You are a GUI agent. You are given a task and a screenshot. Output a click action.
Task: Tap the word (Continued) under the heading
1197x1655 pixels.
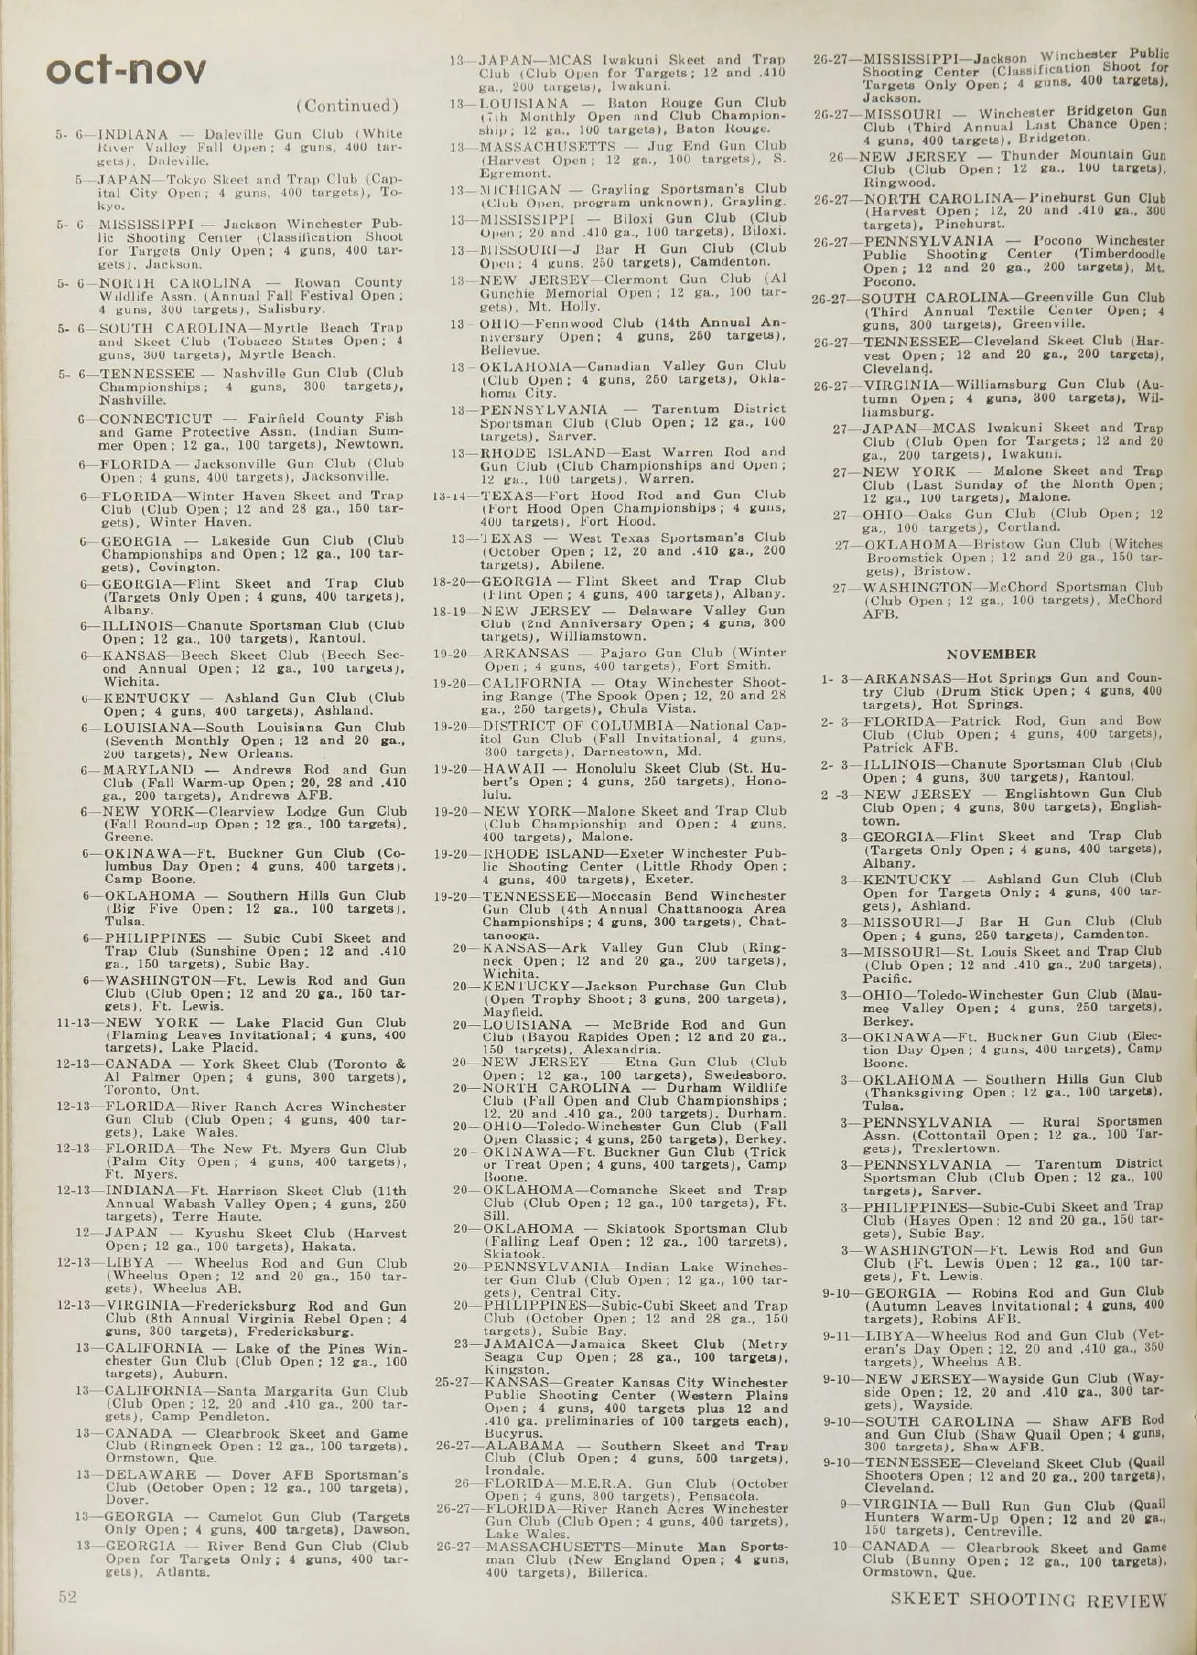[x=347, y=106]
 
